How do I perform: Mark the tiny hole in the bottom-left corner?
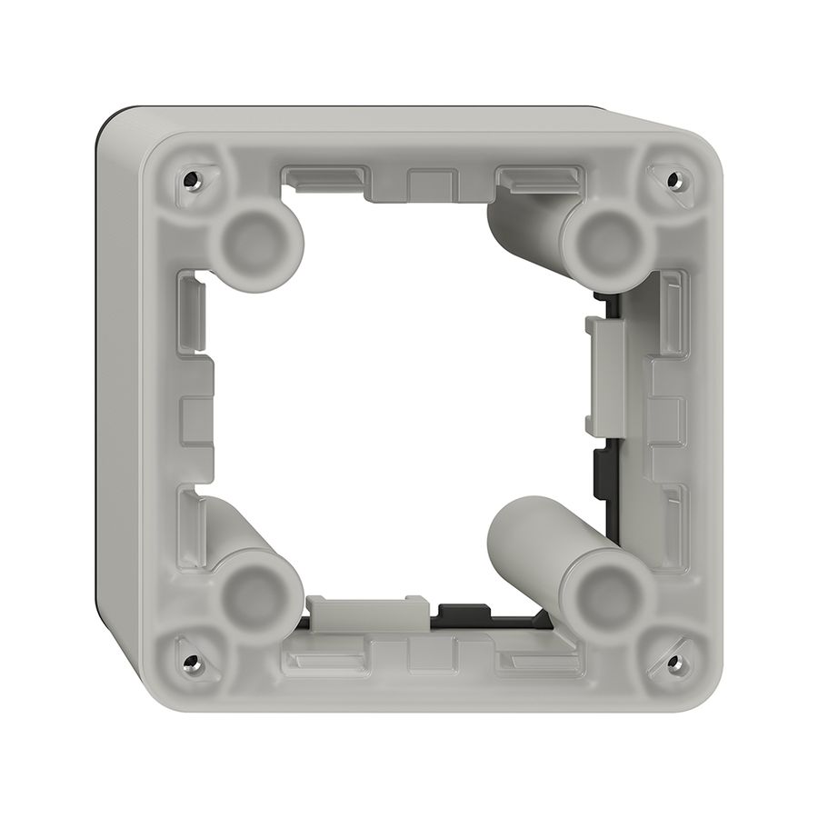(190, 661)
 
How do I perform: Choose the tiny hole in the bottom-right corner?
(673, 662)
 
